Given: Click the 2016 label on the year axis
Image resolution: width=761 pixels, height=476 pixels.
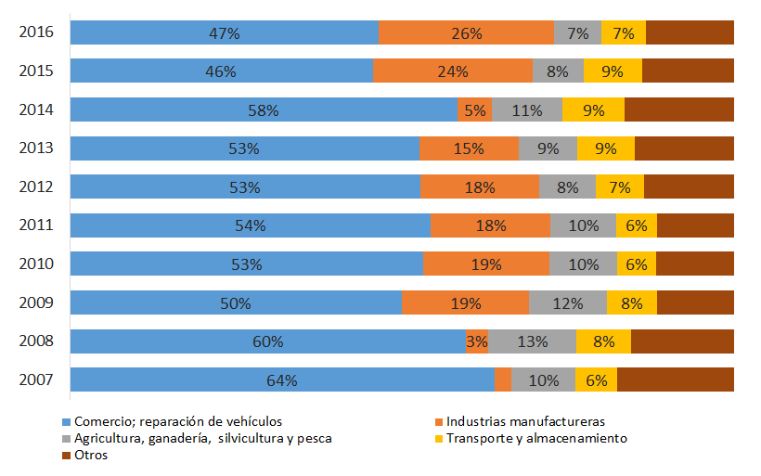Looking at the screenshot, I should coord(36,32).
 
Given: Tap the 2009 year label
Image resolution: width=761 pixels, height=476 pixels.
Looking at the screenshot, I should coord(36,302).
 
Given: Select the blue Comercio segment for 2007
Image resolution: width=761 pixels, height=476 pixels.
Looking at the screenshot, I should coord(282,380).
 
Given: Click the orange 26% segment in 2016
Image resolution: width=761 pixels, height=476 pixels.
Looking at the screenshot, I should coord(466,32).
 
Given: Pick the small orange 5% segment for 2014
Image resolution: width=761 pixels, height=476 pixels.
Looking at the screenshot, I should coord(475,109).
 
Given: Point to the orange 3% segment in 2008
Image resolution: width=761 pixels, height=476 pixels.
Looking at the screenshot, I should coord(477,341).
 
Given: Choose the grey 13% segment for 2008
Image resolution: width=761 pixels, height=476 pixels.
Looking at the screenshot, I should coord(532,341).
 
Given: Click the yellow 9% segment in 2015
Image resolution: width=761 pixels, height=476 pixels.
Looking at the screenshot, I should coord(613,71).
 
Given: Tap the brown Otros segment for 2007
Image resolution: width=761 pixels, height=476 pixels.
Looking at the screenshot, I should coord(676,380).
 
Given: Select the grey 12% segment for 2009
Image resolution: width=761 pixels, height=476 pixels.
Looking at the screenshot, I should coord(567,302).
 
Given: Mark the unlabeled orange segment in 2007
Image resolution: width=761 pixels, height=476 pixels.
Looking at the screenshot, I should coord(503,380).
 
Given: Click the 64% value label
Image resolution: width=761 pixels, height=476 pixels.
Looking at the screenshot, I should coord(282,380).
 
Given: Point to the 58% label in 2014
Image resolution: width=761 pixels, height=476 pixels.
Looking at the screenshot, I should coord(264,109).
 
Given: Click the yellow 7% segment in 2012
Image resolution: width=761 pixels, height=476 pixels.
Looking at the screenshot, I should coord(619,187).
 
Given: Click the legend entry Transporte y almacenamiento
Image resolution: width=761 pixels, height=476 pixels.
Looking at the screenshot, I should coord(536,438).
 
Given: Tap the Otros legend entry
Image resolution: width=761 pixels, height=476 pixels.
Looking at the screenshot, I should coord(91,455).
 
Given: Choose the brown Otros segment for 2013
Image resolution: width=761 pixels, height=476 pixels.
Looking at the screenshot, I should coord(684,148).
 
